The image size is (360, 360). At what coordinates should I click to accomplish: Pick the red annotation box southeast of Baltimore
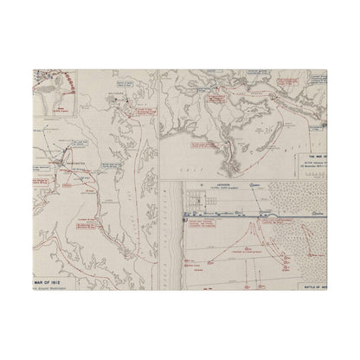click(139, 117)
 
